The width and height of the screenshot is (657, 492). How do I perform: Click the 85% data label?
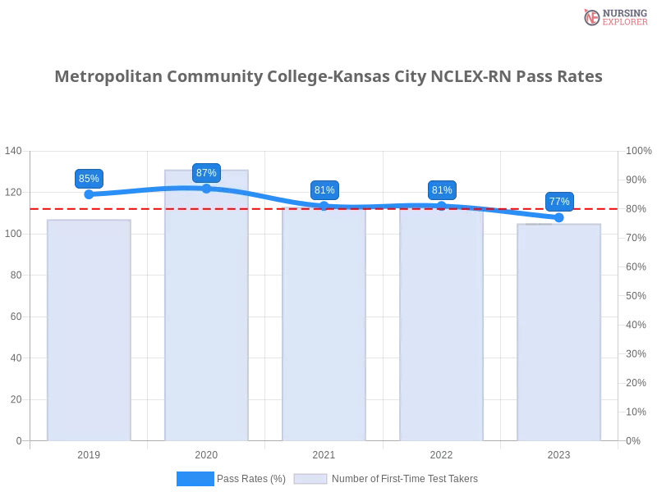pyautogui.click(x=88, y=178)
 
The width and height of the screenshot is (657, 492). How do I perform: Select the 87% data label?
pyautogui.click(x=206, y=173)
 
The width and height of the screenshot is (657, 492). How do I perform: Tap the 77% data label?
pyautogui.click(x=559, y=201)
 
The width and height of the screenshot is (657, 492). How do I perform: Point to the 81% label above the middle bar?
pyautogui.click(x=324, y=189)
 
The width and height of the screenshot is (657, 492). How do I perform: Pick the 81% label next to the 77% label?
pyautogui.click(x=442, y=189)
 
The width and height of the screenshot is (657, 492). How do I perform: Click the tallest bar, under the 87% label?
pyautogui.click(x=206, y=312)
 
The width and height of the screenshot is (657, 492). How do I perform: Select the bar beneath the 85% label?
pyautogui.click(x=89, y=328)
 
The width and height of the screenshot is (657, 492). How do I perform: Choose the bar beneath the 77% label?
pyautogui.click(x=559, y=332)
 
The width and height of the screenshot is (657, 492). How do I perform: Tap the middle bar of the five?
pyautogui.click(x=324, y=324)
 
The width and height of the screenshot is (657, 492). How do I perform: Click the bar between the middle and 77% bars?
pyautogui.click(x=442, y=324)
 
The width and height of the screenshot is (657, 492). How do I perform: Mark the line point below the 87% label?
pyautogui.click(x=206, y=189)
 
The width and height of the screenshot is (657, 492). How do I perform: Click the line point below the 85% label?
pyautogui.click(x=89, y=195)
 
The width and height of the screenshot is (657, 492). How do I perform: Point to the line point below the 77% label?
pyautogui.click(x=559, y=217)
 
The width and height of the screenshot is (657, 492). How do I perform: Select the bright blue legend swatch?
pyautogui.click(x=195, y=479)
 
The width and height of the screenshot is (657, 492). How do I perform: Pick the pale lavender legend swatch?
pyautogui.click(x=310, y=479)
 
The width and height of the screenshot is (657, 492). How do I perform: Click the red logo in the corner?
pyautogui.click(x=593, y=17)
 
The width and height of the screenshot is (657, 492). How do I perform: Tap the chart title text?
pyautogui.click(x=328, y=77)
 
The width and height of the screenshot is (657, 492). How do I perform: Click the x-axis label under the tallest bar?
pyautogui.click(x=206, y=453)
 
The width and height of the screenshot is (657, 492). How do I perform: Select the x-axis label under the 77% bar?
pyautogui.click(x=559, y=453)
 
